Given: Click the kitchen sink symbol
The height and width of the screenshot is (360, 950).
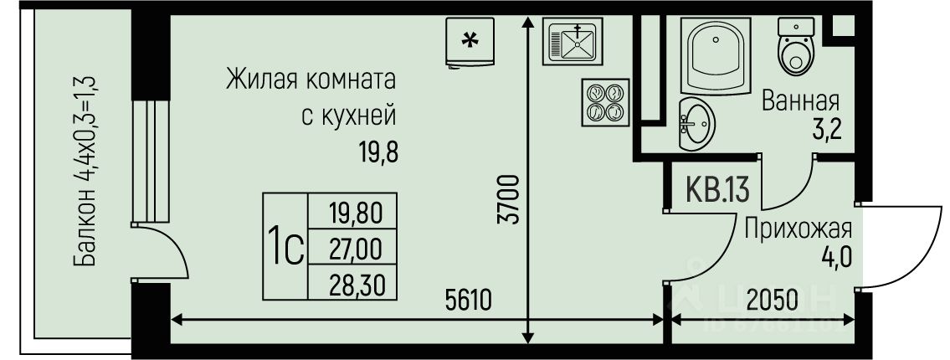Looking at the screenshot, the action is [x=573, y=40].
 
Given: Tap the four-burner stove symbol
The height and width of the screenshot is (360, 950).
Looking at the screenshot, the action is [x=604, y=102].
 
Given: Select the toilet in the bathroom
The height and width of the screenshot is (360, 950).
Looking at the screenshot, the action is [x=795, y=48].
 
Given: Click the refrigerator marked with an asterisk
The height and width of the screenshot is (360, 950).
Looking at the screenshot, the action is [x=470, y=41].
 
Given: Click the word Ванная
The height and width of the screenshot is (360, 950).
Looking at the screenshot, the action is [x=800, y=102].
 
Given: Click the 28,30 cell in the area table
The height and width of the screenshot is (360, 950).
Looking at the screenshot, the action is [x=357, y=285].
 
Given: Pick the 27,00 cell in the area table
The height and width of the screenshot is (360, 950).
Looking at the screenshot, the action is [x=357, y=249].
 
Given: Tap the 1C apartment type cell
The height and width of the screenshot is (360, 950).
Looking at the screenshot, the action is [x=285, y=249].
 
